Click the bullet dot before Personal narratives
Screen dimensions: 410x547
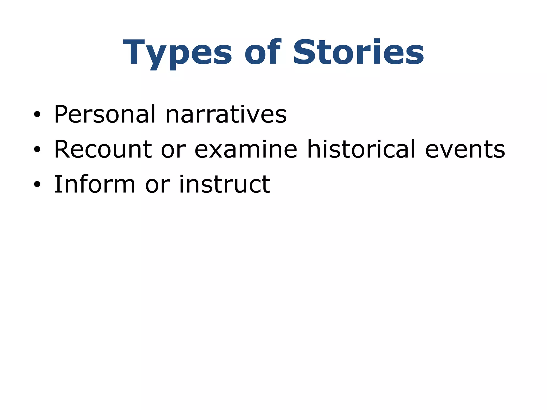click(37, 115)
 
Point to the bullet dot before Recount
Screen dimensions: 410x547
click(37, 150)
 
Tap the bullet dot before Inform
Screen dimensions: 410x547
click(37, 185)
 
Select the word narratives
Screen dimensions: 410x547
click(226, 114)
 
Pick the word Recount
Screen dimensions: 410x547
click(103, 149)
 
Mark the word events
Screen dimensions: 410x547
click(465, 149)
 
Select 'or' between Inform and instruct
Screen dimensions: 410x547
click(157, 185)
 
